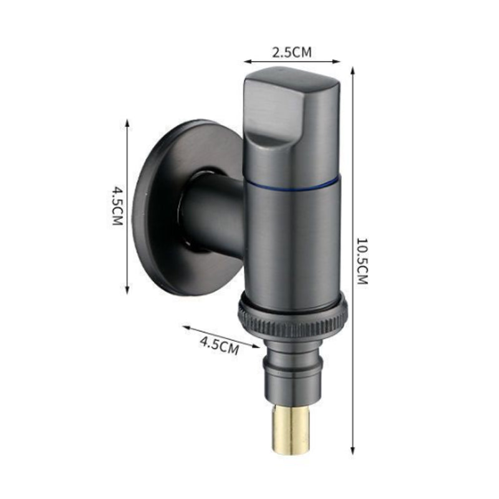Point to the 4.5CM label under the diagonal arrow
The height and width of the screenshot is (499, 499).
point(219,345)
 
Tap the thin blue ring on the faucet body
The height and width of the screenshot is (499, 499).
point(293,185)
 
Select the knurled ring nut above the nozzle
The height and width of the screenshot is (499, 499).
point(291,317)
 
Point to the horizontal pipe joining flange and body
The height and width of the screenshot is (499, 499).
point(212,209)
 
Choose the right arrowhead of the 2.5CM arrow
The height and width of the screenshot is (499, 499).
point(340,62)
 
